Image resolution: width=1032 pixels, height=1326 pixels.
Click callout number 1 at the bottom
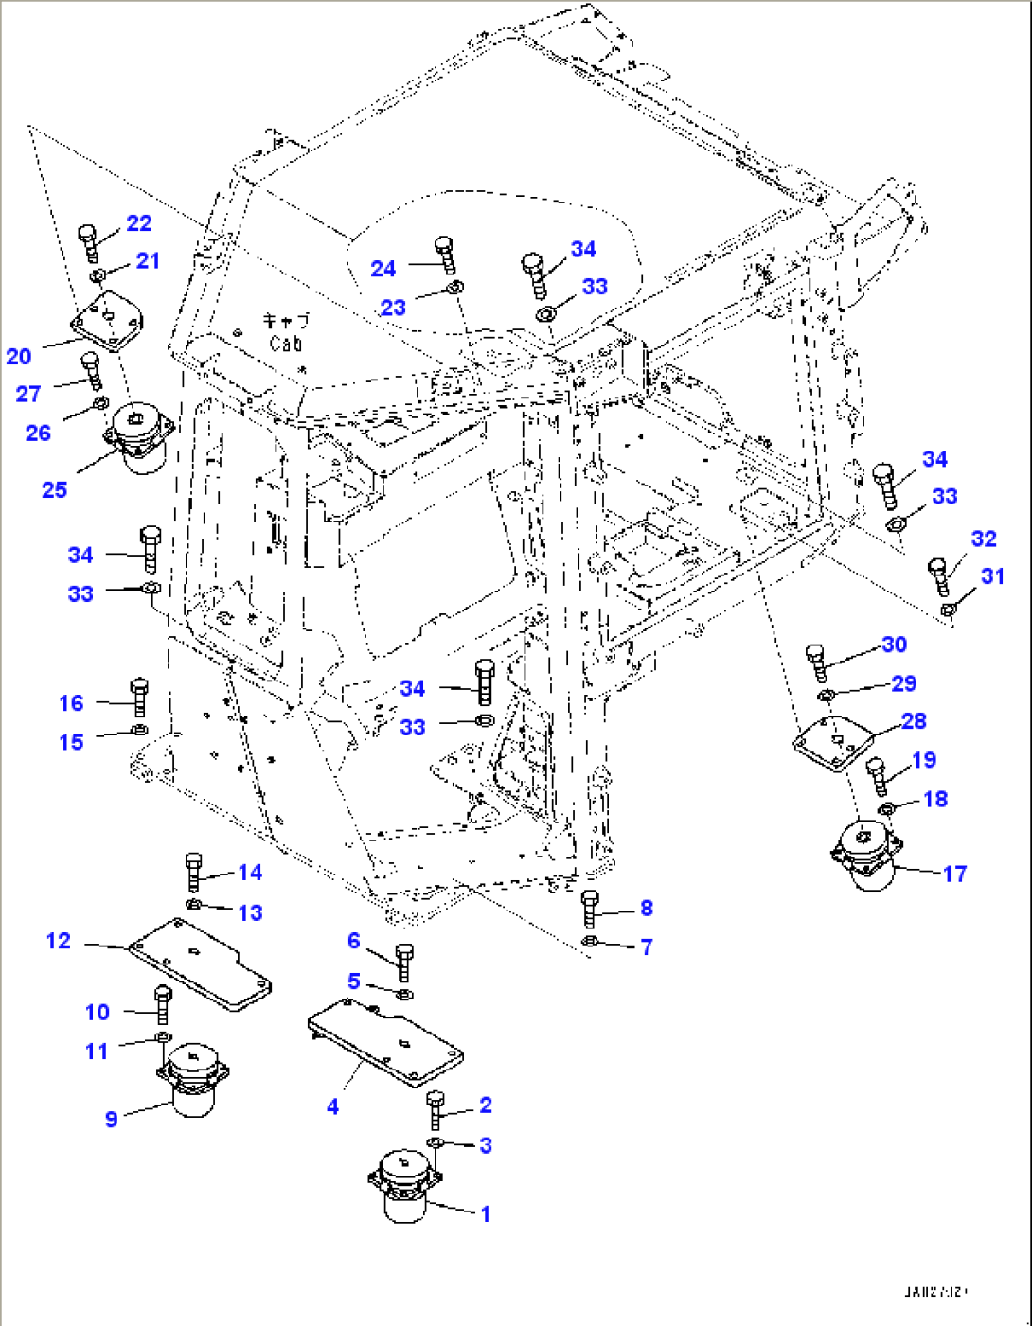click(486, 1213)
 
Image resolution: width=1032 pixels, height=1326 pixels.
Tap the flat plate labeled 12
click(200, 964)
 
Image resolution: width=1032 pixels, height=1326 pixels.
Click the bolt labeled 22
click(88, 242)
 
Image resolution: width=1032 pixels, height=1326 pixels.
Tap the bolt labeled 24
click(445, 256)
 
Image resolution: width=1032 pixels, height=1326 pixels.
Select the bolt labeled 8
click(590, 909)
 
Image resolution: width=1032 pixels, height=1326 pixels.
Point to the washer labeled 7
click(590, 942)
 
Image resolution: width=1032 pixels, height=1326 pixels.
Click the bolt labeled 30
click(817, 662)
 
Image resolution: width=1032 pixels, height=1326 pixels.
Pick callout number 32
click(984, 539)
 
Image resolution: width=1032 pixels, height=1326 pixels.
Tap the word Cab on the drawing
click(285, 344)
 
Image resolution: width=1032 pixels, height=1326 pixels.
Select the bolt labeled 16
click(139, 698)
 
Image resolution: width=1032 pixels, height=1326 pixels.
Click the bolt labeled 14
click(193, 871)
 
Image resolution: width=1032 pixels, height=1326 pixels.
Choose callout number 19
click(924, 760)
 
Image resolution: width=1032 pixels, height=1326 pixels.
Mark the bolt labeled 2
click(436, 1110)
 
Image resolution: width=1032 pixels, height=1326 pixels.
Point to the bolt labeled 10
click(162, 1005)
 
